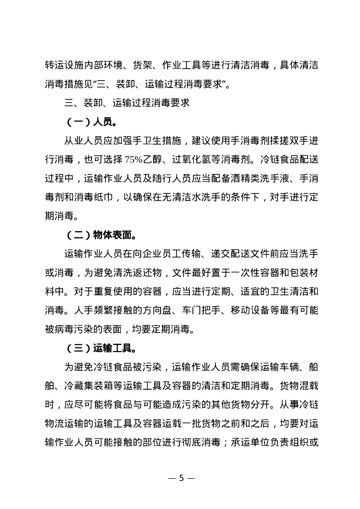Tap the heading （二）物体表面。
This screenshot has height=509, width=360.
point(104,234)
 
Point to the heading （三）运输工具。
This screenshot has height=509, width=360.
point(104,347)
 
